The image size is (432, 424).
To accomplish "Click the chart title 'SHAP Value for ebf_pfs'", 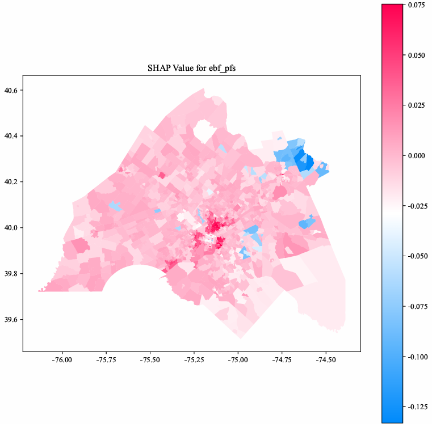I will tap(192, 68).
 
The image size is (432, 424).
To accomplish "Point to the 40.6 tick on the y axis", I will tap(11, 91).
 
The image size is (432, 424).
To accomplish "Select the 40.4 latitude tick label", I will tap(11, 137).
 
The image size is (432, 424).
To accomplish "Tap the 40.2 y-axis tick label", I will tap(11, 182).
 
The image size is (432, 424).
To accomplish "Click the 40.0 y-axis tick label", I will tap(11, 228).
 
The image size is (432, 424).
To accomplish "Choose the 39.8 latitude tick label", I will tap(11, 274).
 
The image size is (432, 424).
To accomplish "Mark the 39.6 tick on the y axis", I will tap(11, 320).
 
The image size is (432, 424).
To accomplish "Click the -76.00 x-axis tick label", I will tap(62, 359).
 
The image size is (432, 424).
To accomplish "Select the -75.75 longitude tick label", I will tap(106, 359).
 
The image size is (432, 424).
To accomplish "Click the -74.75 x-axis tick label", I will tap(282, 359).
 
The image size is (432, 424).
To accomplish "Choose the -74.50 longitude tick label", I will tap(325, 359).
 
